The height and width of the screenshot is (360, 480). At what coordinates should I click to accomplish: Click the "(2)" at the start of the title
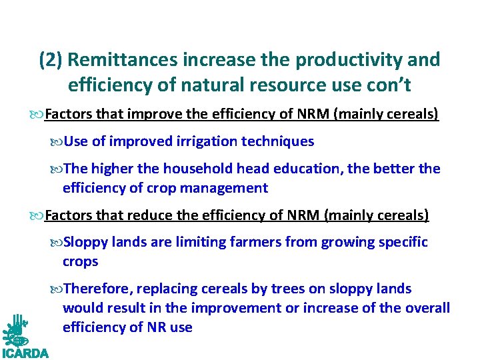click(x=51, y=60)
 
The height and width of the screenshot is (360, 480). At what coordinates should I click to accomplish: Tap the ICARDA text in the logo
click(x=25, y=353)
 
